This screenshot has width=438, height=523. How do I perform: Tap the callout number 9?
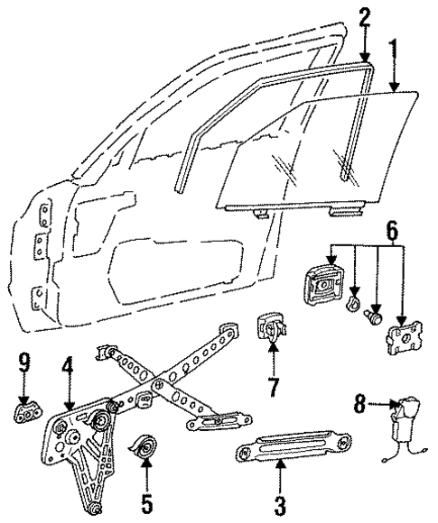pos(24,364)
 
